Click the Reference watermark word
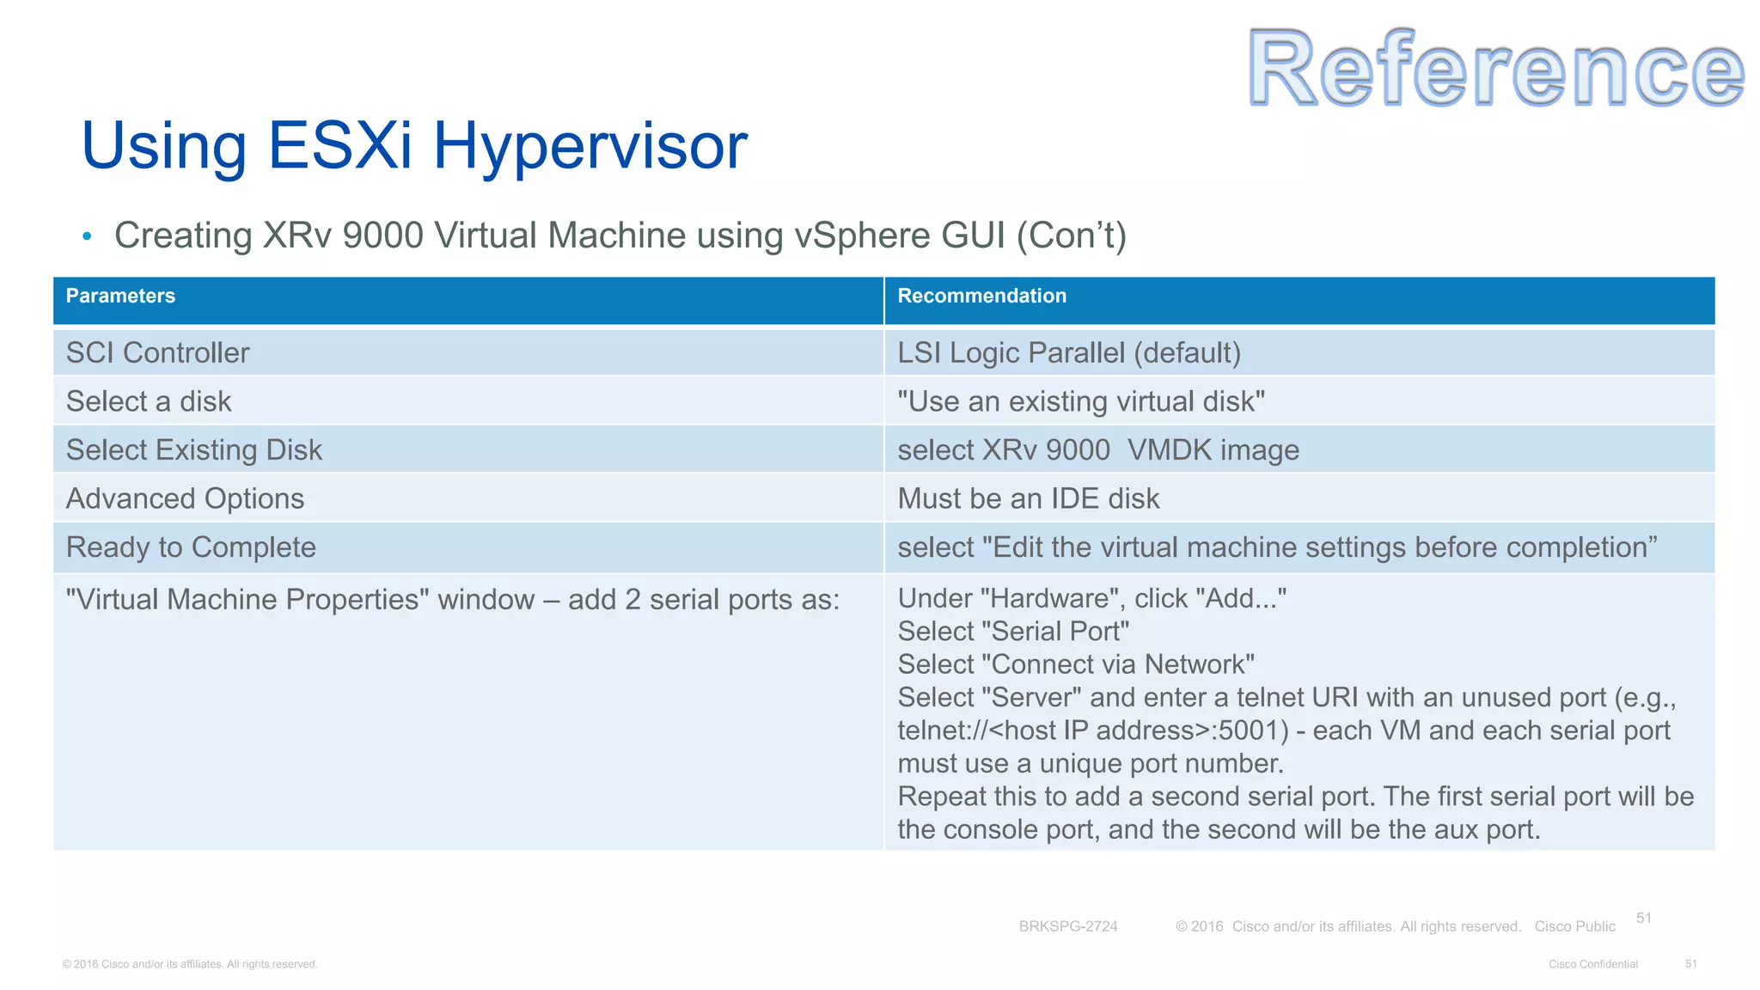click(1495, 69)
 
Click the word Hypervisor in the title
click(590, 146)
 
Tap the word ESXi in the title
click(340, 146)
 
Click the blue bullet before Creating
click(87, 236)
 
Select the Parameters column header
click(120, 296)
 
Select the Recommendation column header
click(981, 296)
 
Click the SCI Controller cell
click(157, 353)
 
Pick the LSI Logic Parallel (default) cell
click(1069, 353)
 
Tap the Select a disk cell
click(149, 401)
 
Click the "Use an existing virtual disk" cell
click(1081, 401)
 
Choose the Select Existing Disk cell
click(194, 450)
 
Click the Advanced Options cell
click(185, 499)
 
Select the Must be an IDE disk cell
click(1029, 499)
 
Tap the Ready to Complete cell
click(191, 547)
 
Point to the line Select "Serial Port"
click(1013, 632)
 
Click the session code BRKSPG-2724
click(1068, 926)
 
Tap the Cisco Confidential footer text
click(1592, 964)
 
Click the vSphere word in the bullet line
click(862, 236)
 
